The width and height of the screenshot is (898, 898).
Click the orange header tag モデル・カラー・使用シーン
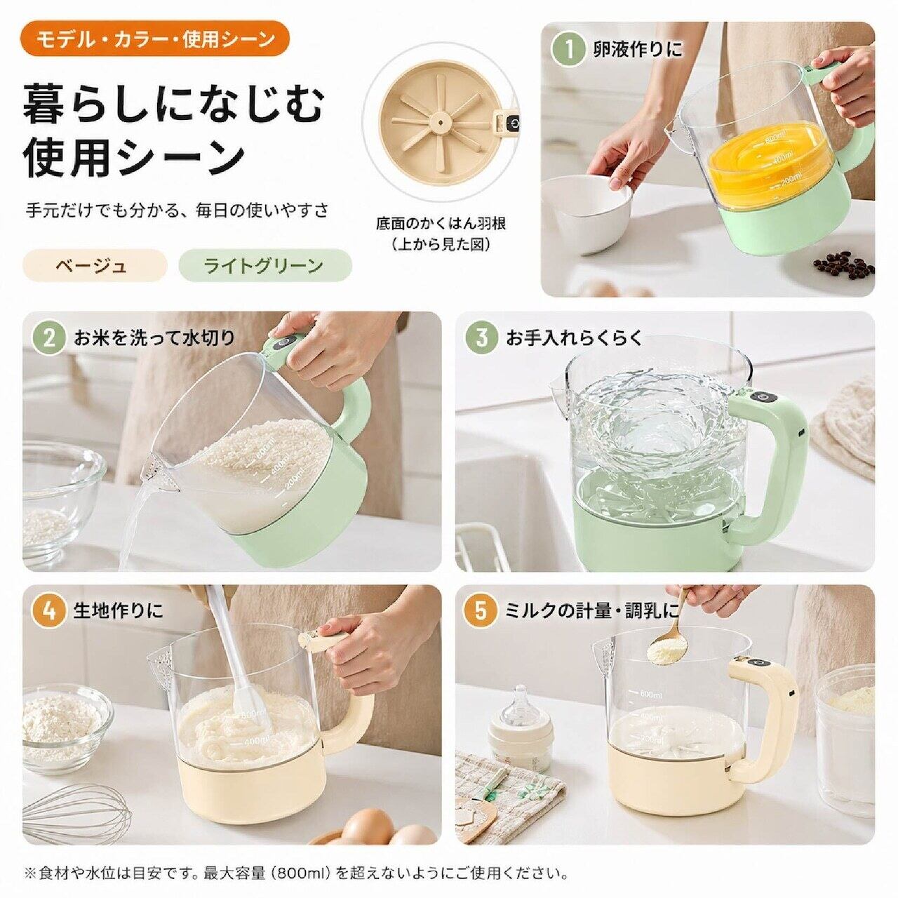click(x=155, y=39)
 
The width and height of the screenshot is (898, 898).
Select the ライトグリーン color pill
click(x=264, y=266)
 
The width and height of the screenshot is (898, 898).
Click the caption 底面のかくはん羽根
click(x=441, y=224)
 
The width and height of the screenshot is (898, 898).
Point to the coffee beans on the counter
click(x=843, y=266)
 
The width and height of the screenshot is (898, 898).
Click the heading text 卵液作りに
click(x=638, y=50)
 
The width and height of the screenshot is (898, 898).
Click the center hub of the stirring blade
click(x=440, y=123)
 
